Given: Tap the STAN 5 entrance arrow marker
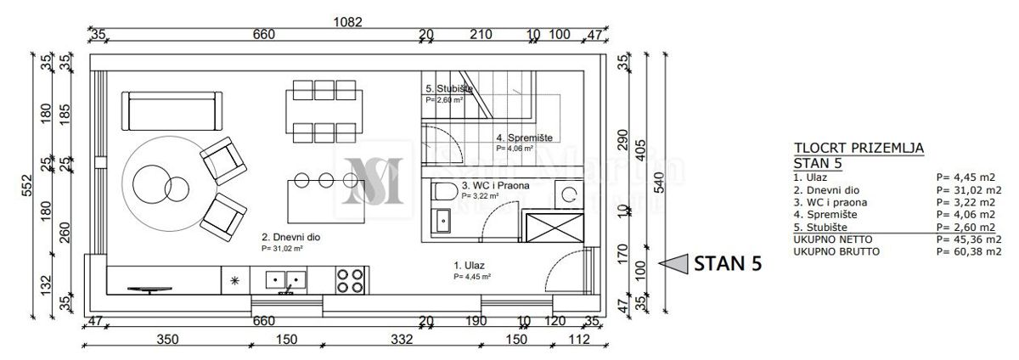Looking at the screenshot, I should (x=676, y=264).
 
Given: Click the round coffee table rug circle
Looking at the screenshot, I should (x=166, y=178).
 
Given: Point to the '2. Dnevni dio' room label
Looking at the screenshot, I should (x=290, y=238).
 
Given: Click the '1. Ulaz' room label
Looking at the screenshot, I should (x=469, y=264).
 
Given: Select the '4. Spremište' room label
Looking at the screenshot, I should (x=525, y=137).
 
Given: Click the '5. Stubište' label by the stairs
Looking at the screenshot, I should (x=443, y=88).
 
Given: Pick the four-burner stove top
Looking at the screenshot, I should (x=351, y=280).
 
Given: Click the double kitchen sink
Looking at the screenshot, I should (x=284, y=278).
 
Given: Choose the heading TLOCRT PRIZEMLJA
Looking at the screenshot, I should (x=857, y=148).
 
